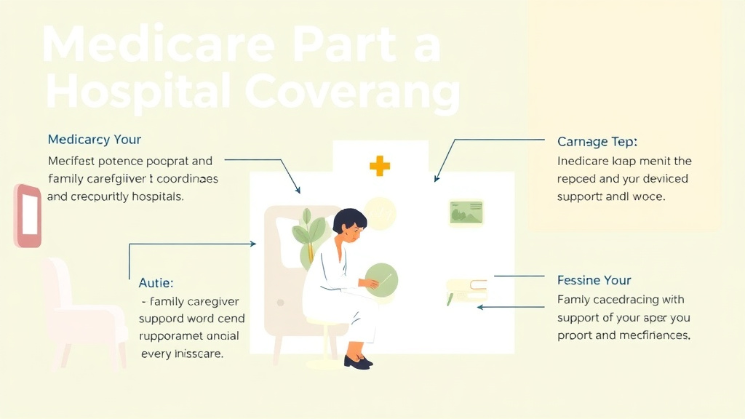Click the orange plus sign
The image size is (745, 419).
coord(379,165)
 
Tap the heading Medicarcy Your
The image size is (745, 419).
coord(95,139)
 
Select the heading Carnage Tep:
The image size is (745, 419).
coord(597,141)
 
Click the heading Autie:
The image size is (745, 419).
coord(156,282)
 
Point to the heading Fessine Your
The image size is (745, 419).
coord(594,280)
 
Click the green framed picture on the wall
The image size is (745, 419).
coord(466,212)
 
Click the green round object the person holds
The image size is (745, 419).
coord(381,279)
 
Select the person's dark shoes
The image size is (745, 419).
coord(356,361)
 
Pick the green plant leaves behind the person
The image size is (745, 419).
coord(307,234)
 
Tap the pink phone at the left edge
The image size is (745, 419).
coord(28,216)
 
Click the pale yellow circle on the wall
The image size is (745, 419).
coord(380,212)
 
